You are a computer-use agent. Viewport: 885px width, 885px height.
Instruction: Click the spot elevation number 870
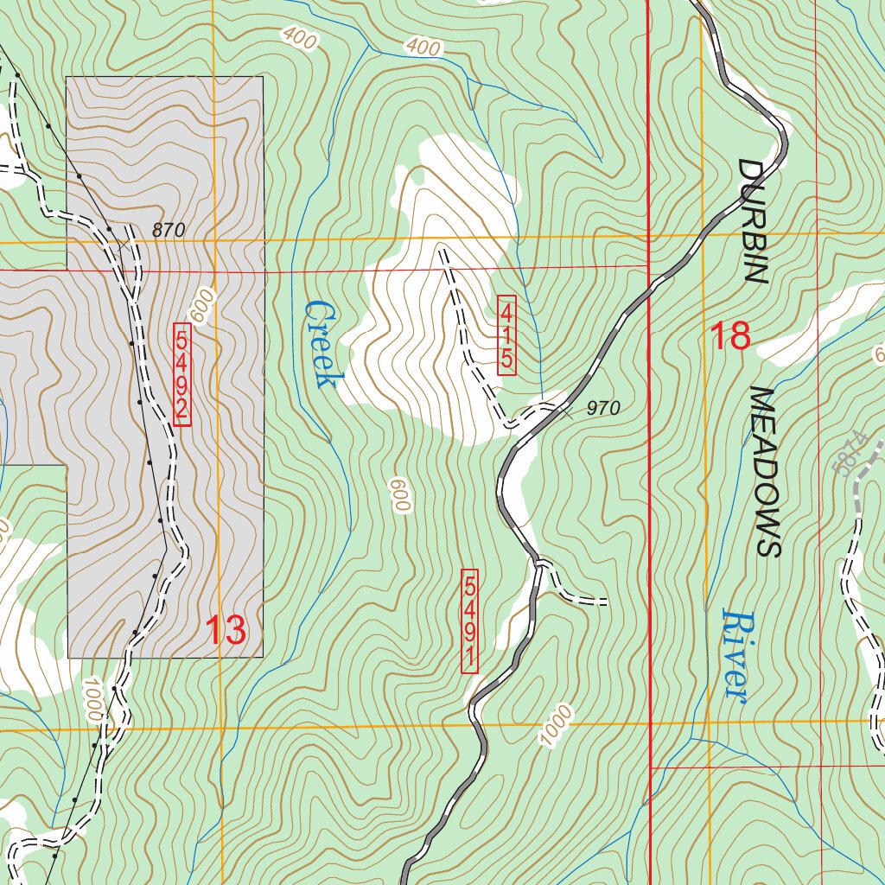coord(169,231)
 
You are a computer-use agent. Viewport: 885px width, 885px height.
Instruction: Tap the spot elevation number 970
coord(603,409)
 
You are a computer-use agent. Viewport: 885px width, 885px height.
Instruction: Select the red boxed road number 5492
coord(181,374)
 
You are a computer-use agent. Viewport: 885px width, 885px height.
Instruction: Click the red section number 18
coord(730,336)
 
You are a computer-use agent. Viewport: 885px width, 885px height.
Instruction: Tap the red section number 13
coord(226,630)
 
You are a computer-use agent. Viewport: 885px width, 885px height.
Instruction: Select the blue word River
coord(734,654)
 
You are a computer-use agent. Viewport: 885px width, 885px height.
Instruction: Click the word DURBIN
coord(753,221)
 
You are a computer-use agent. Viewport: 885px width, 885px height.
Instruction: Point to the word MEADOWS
coord(765,471)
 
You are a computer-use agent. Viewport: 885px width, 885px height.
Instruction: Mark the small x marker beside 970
coord(566,413)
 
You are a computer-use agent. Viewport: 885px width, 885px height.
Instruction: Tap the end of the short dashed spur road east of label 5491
coord(606,601)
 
